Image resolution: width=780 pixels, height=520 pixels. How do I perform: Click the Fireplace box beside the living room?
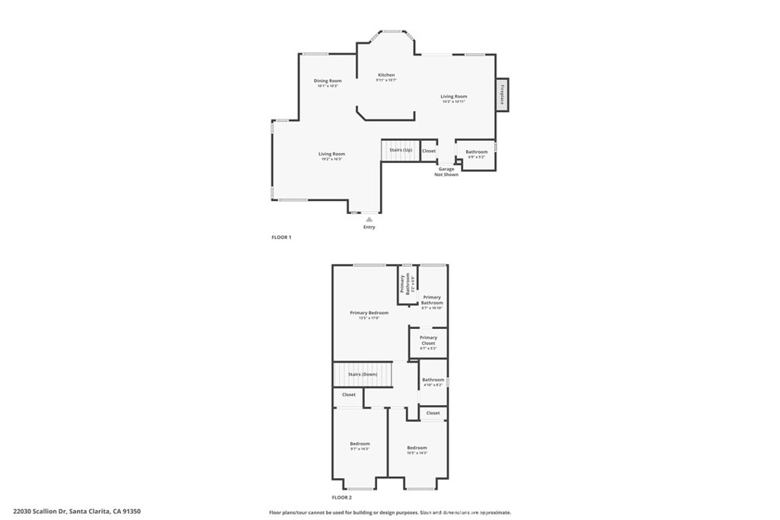click(x=503, y=94)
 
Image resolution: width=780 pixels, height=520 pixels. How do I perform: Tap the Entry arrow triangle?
click(x=369, y=219)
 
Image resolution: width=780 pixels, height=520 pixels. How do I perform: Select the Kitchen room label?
click(x=387, y=75)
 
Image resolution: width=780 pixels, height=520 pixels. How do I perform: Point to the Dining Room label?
click(x=328, y=81)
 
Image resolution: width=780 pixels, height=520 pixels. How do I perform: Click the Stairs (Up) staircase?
click(x=401, y=150)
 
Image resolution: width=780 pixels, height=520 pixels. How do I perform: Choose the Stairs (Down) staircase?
click(x=363, y=375)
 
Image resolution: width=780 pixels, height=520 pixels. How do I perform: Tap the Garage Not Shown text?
click(x=446, y=172)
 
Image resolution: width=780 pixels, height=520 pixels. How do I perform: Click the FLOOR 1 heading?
click(x=282, y=238)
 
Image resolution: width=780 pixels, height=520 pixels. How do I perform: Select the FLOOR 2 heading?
click(x=342, y=497)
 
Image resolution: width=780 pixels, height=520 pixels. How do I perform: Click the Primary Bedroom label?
click(x=369, y=313)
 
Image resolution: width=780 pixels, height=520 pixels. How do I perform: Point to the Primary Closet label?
click(x=428, y=340)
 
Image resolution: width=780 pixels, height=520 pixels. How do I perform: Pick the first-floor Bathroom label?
click(x=477, y=152)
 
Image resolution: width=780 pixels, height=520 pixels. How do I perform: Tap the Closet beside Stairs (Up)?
click(x=429, y=151)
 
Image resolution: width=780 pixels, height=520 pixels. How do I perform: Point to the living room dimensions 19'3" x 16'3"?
click(x=332, y=159)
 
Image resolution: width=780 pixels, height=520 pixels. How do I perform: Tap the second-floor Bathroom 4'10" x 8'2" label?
click(x=433, y=382)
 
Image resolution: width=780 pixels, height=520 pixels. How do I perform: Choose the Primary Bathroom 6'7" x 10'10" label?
click(x=432, y=302)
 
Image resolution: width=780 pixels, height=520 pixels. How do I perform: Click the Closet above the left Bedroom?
click(x=349, y=394)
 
